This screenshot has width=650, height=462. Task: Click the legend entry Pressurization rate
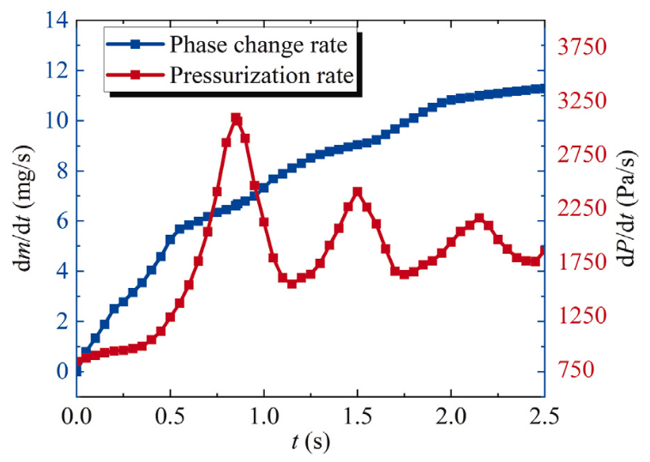coord(261,75)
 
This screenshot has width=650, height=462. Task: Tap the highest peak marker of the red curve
coord(236,119)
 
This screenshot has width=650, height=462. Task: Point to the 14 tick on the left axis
coord(56,20)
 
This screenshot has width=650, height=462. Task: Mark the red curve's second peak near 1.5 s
coord(358,192)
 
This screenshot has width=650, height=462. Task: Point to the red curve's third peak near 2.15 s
coord(479,219)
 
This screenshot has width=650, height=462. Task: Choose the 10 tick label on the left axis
coord(56,120)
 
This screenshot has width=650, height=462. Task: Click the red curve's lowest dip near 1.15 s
coord(292,283)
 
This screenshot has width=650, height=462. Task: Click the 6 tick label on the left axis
coord(60,220)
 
